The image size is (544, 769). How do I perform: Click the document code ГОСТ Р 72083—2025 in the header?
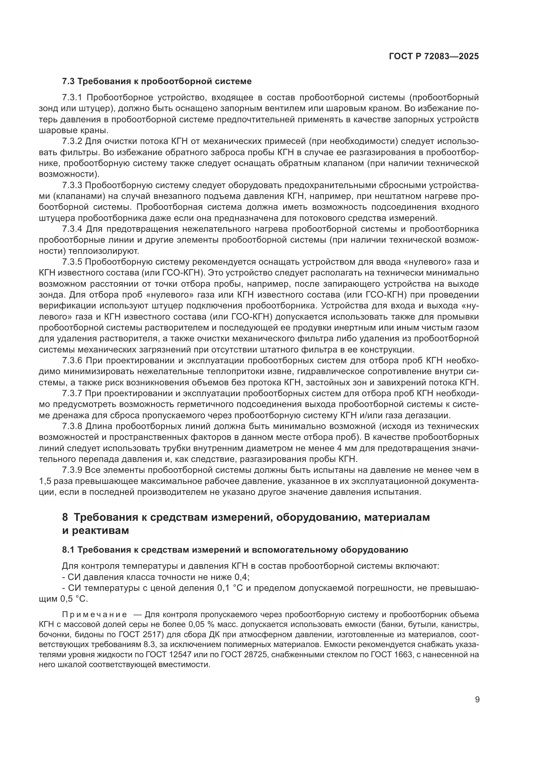(x=434, y=56)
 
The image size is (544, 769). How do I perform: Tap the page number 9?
(x=477, y=700)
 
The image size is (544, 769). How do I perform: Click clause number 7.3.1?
(x=72, y=98)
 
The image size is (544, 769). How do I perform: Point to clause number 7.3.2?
(x=72, y=142)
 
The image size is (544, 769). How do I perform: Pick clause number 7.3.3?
(x=72, y=185)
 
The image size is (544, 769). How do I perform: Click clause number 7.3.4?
(x=72, y=229)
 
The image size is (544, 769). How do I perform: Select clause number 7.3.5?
(x=72, y=262)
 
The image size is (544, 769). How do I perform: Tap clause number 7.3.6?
(x=72, y=361)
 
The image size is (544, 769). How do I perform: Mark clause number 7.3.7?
(x=72, y=394)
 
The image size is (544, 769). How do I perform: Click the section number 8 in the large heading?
(x=65, y=517)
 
